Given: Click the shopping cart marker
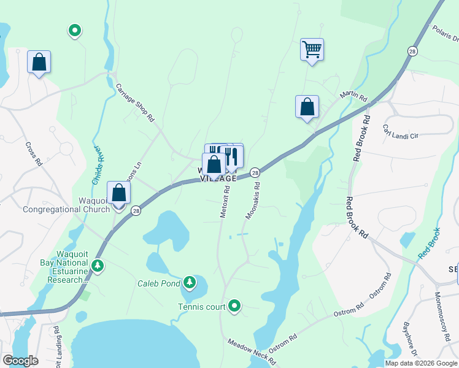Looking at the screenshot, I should tap(312, 48).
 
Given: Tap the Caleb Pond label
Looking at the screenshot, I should tap(158, 283).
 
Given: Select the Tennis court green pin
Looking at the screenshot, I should tap(234, 305).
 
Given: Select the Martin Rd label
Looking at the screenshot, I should tap(354, 98).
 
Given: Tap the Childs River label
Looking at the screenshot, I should tap(95, 166).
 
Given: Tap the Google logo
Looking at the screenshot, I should tap(20, 361).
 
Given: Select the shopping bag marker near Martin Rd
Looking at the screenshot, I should tap(307, 107).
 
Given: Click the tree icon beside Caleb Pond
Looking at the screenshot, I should tap(190, 282).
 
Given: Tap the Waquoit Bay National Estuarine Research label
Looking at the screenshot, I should tap(60, 267).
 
